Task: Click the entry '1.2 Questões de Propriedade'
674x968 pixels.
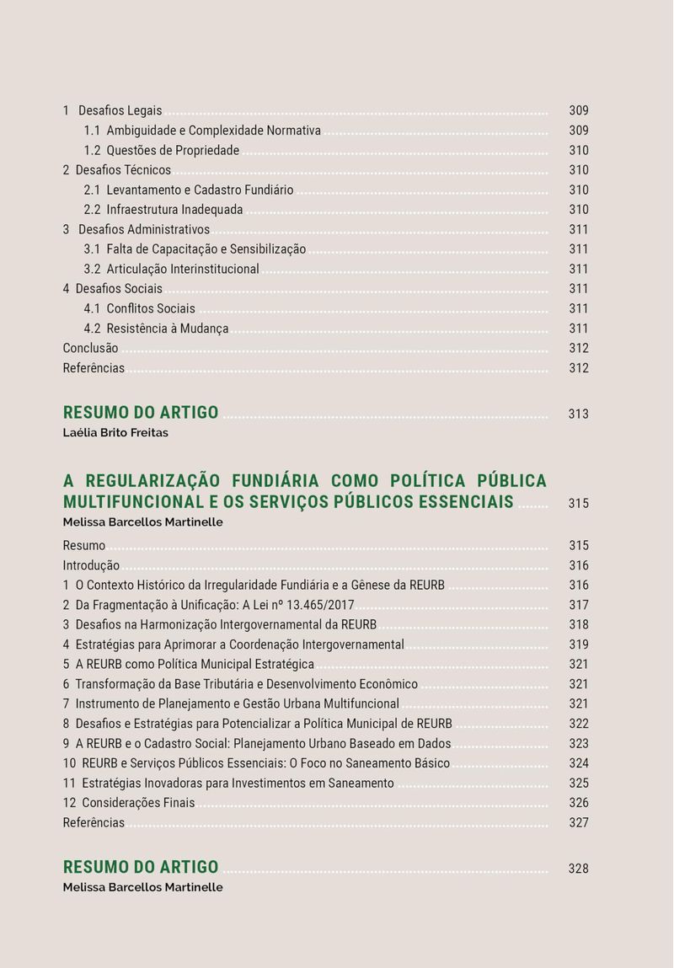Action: click(162, 151)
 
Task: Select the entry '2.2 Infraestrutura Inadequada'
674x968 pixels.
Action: click(163, 210)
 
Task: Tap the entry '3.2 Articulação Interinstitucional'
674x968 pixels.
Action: click(172, 270)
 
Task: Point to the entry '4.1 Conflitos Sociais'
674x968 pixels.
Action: click(140, 309)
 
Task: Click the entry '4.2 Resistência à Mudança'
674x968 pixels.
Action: click(157, 329)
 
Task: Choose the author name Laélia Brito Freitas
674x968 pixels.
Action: click(115, 433)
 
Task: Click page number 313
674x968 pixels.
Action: click(578, 414)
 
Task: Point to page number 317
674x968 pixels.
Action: click(578, 605)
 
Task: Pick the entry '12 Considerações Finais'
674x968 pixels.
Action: click(129, 803)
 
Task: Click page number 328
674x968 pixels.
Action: click(578, 869)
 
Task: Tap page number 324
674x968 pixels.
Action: click(578, 763)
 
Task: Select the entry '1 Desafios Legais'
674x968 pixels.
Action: click(113, 111)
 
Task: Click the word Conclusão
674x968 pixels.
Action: click(91, 349)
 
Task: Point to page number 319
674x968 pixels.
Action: click(578, 644)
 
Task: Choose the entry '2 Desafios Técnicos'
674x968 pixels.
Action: click(117, 170)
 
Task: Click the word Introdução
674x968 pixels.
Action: click(91, 566)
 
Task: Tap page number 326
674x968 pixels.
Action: click(578, 803)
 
